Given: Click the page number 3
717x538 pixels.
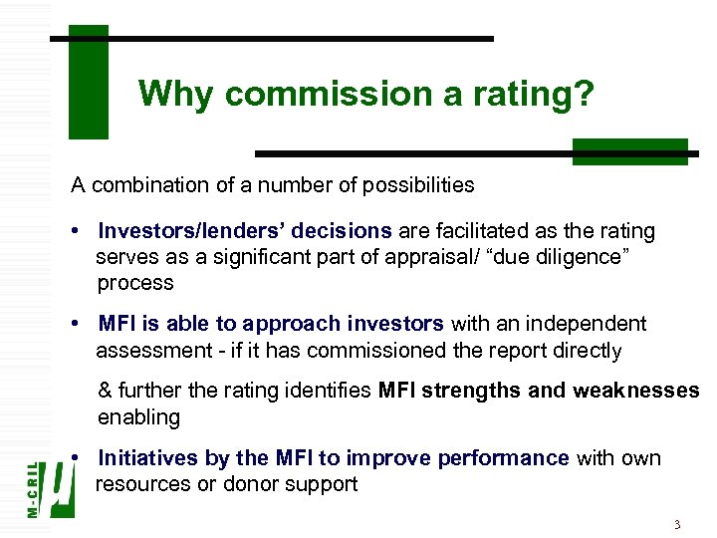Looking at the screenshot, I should [676, 524].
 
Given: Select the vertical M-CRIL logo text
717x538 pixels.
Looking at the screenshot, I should [33, 488].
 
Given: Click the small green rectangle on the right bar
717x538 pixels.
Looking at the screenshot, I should [629, 151].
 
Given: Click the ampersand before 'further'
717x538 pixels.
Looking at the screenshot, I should [105, 391].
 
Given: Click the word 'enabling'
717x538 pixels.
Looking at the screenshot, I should [138, 416].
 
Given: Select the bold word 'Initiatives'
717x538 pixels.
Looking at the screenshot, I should [149, 458].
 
